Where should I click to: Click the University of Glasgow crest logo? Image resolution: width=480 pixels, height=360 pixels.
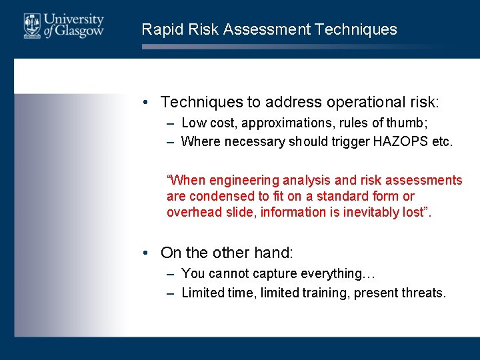point(31,25)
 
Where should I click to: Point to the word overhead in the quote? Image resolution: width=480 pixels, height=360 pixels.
point(190,212)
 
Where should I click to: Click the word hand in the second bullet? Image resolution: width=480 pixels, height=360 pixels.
point(275,253)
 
